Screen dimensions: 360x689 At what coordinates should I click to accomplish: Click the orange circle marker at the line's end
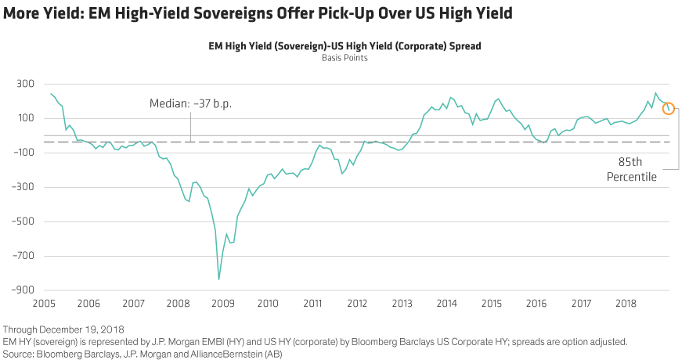pos(668,108)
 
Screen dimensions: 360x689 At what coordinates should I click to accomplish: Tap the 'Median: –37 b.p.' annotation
pos(191,103)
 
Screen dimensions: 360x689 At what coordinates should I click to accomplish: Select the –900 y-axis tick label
pos(23,290)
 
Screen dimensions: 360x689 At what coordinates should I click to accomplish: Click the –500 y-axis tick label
pos(23,221)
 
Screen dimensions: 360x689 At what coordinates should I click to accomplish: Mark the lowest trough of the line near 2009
pos(218,279)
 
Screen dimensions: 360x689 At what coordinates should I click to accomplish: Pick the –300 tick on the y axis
pos(23,186)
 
